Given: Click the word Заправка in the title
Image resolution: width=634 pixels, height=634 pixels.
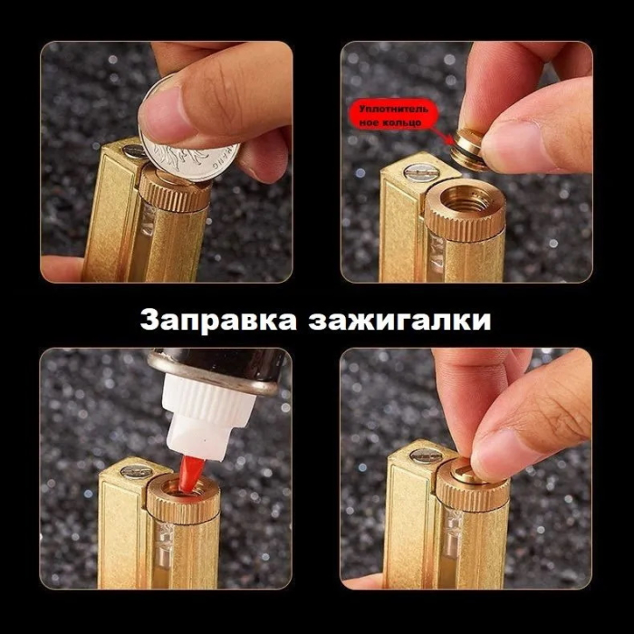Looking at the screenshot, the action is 218,321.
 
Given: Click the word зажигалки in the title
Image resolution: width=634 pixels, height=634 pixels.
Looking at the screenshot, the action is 399,321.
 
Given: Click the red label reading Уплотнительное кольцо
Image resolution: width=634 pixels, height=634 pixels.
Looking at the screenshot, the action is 393,115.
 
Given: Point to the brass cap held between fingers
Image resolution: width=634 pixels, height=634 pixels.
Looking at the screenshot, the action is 468,149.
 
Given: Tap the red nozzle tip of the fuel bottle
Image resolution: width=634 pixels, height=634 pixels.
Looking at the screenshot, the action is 191,474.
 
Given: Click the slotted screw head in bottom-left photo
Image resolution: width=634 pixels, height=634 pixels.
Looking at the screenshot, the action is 136,471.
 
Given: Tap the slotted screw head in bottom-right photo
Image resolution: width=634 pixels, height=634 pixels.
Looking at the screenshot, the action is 426,456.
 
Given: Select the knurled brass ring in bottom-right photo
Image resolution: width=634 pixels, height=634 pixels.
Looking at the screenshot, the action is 472,491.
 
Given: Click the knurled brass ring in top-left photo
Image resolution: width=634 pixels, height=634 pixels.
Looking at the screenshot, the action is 175,193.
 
